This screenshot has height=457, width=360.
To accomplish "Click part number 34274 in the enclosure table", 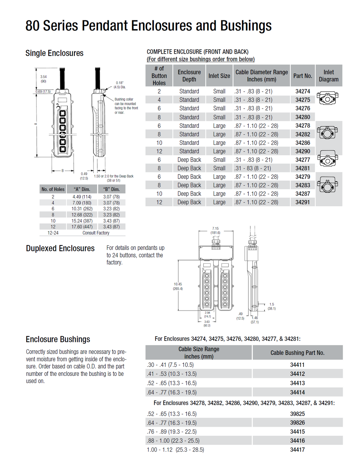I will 302,91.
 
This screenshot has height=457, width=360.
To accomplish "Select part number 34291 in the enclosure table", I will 302,202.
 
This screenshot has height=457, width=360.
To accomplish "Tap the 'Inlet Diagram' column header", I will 329,76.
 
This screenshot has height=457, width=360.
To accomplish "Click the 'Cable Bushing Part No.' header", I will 297,353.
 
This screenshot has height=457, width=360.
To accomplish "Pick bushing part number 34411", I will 297,365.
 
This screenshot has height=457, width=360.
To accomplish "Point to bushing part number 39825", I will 297,414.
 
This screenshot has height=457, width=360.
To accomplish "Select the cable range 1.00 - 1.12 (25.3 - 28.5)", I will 175,450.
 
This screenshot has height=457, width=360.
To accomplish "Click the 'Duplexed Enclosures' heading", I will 60,248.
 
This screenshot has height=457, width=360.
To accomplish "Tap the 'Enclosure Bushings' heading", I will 58,339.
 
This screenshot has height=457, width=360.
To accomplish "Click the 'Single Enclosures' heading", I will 54,53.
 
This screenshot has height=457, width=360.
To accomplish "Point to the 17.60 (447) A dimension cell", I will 82,227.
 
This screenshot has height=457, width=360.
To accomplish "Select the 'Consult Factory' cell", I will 96,233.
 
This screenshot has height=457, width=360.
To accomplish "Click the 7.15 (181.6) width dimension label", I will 215,231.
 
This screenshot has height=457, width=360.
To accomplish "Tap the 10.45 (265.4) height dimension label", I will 178,286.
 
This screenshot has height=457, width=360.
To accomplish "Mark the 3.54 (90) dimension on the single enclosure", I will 43,79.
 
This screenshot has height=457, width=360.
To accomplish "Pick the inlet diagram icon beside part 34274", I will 327,98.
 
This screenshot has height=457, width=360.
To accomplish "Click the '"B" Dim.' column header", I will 111,189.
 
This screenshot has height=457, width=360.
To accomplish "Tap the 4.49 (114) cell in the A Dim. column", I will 82,197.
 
